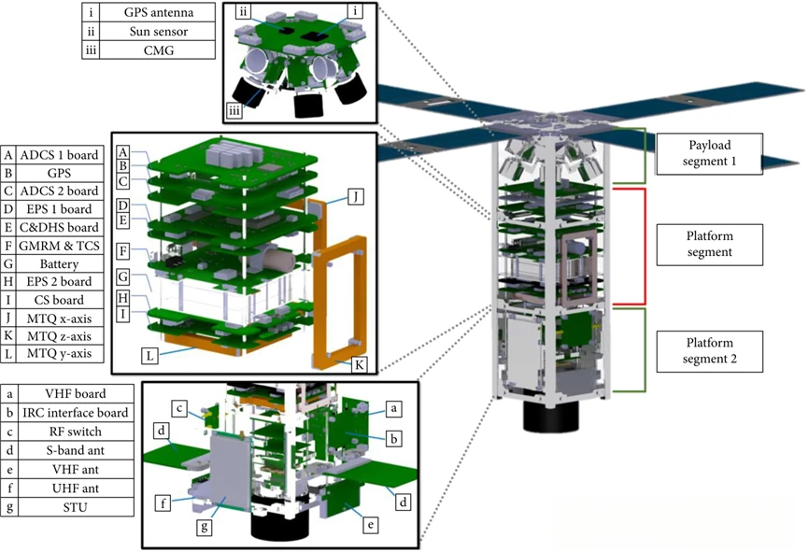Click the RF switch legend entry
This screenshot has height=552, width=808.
point(78,431)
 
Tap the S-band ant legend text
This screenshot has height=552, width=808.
point(78,449)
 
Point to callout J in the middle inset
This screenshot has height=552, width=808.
point(355,197)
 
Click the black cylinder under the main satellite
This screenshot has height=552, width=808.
point(548,418)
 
